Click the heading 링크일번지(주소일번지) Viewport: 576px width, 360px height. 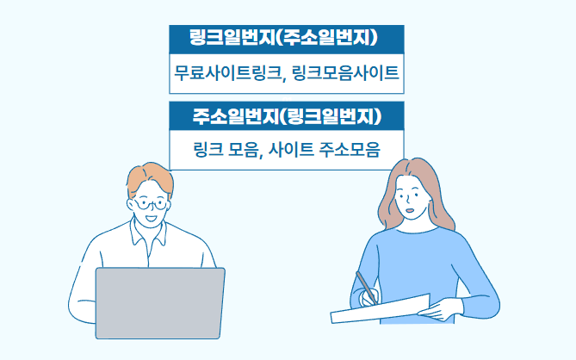point(283,38)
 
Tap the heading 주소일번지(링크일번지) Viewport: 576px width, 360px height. point(287,115)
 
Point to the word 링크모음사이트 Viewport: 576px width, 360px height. point(345,72)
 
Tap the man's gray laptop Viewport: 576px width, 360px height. point(160,303)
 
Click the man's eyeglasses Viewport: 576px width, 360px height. point(151,204)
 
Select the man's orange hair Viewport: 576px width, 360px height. point(150,178)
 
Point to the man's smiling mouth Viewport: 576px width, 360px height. point(151,219)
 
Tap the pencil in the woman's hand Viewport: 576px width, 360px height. point(367,288)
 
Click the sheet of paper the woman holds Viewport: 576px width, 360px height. point(381,309)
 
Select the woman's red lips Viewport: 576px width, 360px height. point(411,210)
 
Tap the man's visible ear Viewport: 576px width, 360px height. point(131,204)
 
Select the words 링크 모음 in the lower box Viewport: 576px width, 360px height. point(226,150)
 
